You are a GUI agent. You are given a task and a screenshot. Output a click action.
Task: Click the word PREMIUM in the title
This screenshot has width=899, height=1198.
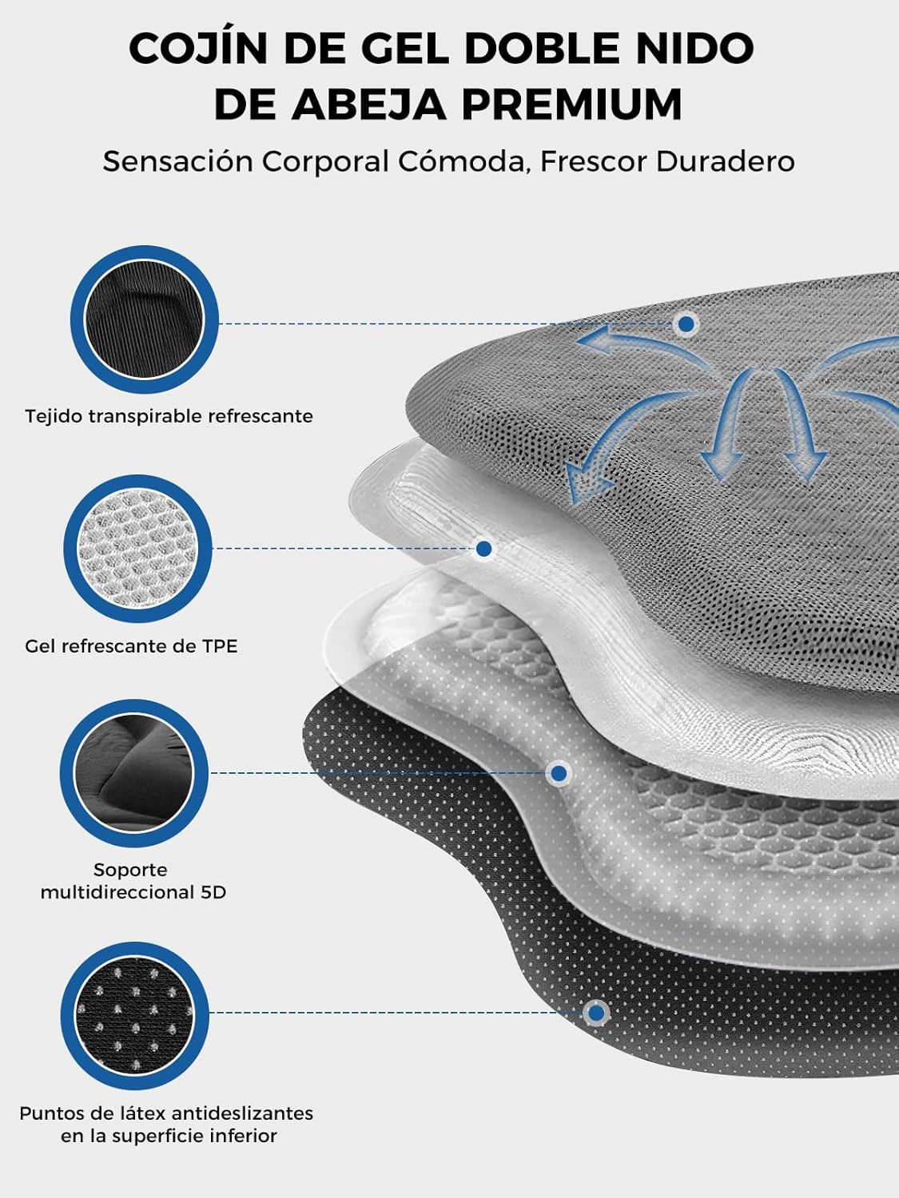pyautogui.click(x=572, y=104)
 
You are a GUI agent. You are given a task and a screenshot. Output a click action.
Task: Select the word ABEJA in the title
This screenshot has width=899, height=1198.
pyautogui.click(x=368, y=104)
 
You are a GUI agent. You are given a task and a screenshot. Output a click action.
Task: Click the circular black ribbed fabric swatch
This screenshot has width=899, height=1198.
pyautogui.click(x=145, y=319)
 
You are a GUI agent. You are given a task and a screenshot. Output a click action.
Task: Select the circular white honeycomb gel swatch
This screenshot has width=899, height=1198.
pyautogui.click(x=137, y=549)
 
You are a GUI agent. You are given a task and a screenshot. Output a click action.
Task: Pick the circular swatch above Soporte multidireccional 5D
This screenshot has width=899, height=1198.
pyautogui.click(x=134, y=773)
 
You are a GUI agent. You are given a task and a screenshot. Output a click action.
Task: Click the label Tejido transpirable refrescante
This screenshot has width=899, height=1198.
pyautogui.click(x=169, y=416)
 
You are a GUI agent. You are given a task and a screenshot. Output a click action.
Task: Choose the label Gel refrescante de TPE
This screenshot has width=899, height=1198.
pyautogui.click(x=132, y=646)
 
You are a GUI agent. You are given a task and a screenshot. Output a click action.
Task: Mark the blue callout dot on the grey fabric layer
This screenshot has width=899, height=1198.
pyautogui.click(x=686, y=324)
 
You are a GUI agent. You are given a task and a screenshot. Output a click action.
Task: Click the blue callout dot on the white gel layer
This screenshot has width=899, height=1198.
pyautogui.click(x=483, y=549)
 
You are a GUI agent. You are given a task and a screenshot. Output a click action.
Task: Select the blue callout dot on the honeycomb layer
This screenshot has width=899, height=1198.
pyautogui.click(x=559, y=773)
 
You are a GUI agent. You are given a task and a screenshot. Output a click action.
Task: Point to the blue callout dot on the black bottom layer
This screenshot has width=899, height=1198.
pyautogui.click(x=597, y=1013)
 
